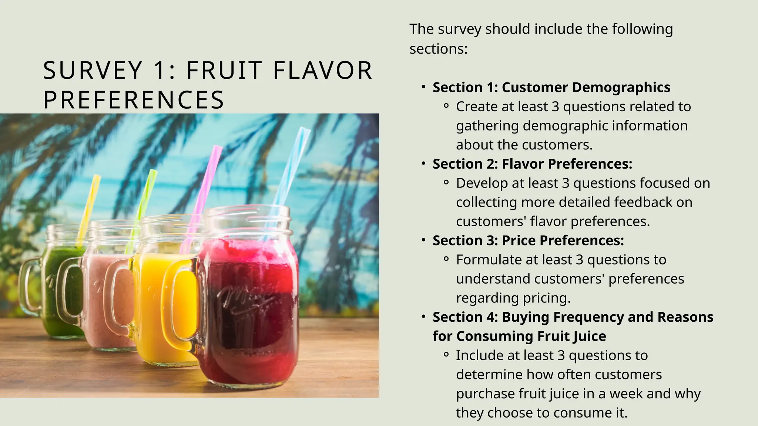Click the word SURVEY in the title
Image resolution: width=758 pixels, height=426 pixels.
tap(93, 70)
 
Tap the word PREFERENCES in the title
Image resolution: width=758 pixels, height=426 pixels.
tap(134, 100)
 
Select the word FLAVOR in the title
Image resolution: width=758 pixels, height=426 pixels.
tap(322, 70)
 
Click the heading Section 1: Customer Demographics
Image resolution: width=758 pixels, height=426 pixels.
tap(551, 87)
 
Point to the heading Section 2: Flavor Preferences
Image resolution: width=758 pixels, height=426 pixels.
tap(532, 164)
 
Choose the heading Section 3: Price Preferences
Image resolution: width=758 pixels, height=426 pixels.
tap(528, 240)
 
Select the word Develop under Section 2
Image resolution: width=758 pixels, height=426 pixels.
tap(477, 183)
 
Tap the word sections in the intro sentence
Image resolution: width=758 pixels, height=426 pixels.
tap(438, 49)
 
